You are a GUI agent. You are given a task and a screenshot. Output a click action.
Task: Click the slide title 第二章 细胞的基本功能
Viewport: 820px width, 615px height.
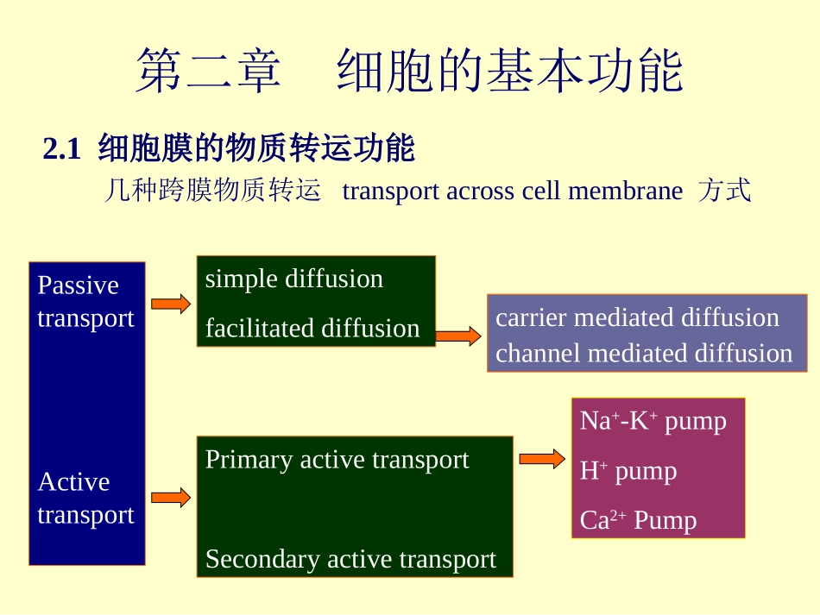[409, 72]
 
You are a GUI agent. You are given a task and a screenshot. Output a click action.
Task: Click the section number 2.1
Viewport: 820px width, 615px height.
[62, 150]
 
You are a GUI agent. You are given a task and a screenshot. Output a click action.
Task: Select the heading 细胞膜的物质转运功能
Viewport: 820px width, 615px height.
[256, 149]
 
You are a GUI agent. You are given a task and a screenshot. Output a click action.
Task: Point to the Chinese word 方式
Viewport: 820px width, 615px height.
[725, 191]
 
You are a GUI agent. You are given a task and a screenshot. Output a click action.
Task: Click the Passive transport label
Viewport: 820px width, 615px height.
[85, 301]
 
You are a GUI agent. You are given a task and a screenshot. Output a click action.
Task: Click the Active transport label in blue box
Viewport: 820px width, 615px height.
[85, 498]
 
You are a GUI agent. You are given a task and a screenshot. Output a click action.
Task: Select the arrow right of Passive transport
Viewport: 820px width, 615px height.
[171, 304]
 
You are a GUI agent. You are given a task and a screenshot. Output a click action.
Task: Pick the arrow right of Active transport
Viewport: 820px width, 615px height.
[171, 497]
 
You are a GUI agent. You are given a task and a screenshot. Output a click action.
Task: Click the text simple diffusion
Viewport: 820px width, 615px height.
[293, 279]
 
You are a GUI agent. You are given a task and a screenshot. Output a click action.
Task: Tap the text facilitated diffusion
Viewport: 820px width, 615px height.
[312, 328]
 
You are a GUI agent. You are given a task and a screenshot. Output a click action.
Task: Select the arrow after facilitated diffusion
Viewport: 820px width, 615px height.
[458, 336]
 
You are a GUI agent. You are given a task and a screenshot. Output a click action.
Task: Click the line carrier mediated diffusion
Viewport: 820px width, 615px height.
[637, 317]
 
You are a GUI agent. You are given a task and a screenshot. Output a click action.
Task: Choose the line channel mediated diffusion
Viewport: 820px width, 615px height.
[644, 354]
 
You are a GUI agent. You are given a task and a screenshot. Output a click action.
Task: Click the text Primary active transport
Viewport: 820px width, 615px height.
[337, 460]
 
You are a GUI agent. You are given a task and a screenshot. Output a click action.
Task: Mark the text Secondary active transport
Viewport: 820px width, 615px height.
[350, 559]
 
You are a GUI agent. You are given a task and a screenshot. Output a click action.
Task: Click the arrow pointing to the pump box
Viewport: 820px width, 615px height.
[542, 459]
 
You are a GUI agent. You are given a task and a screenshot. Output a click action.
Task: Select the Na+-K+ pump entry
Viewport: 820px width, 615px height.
[653, 421]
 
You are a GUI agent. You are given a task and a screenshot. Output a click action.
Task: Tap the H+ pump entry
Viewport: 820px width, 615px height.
[628, 471]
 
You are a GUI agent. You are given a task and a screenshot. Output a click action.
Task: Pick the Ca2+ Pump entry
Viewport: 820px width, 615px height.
[638, 520]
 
